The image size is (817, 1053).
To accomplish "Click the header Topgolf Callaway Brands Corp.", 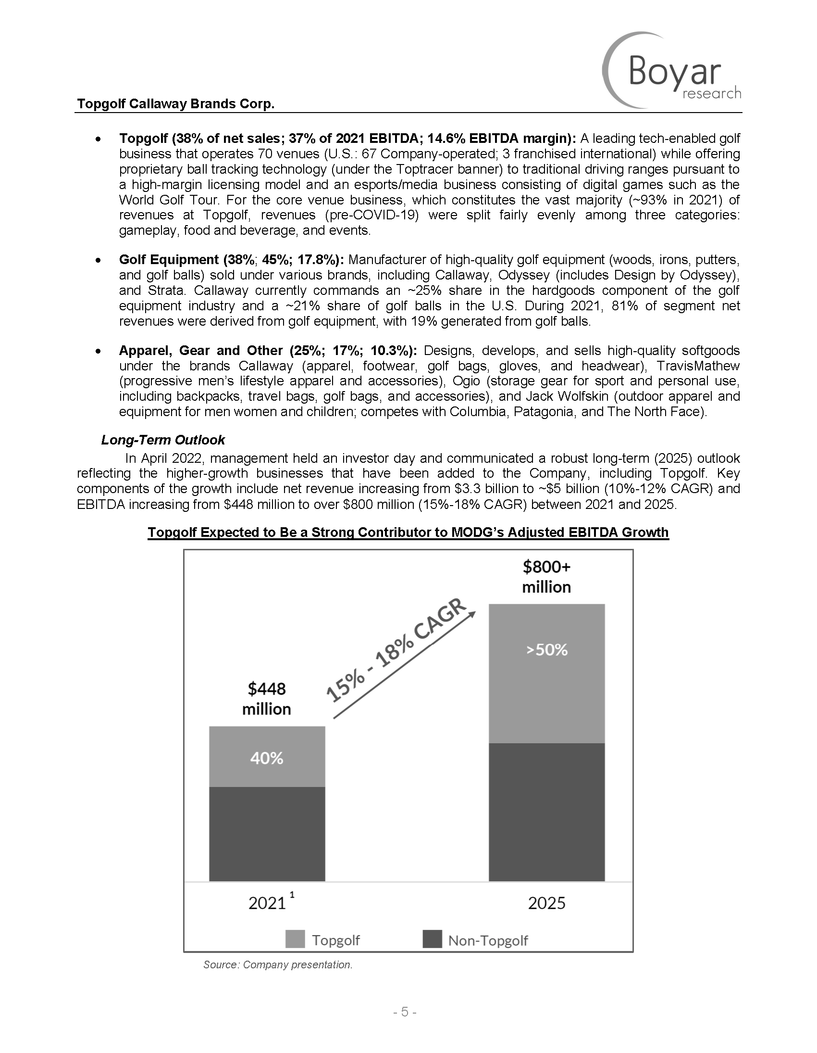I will pyautogui.click(x=176, y=104).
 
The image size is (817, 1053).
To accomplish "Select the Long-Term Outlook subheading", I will pyautogui.click(x=163, y=440).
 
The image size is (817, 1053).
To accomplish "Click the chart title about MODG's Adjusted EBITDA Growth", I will pyautogui.click(x=408, y=533).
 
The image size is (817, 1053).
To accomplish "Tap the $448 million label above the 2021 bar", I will pyautogui.click(x=266, y=698).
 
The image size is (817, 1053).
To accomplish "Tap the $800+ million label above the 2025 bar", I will pyautogui.click(x=546, y=577).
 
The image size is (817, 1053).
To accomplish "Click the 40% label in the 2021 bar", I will pyautogui.click(x=266, y=759).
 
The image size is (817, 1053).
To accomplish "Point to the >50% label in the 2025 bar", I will pyautogui.click(x=546, y=650).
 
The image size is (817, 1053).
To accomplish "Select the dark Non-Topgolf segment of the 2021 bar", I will pyautogui.click(x=267, y=834).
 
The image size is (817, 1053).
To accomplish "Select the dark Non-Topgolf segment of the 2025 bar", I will pyautogui.click(x=546, y=812).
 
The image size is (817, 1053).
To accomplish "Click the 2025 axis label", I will pyautogui.click(x=546, y=902).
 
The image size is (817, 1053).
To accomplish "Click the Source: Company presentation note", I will pyautogui.click(x=278, y=965).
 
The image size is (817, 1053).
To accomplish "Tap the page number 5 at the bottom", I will pyautogui.click(x=405, y=1012).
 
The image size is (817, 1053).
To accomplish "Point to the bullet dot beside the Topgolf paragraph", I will pyautogui.click(x=98, y=140).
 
